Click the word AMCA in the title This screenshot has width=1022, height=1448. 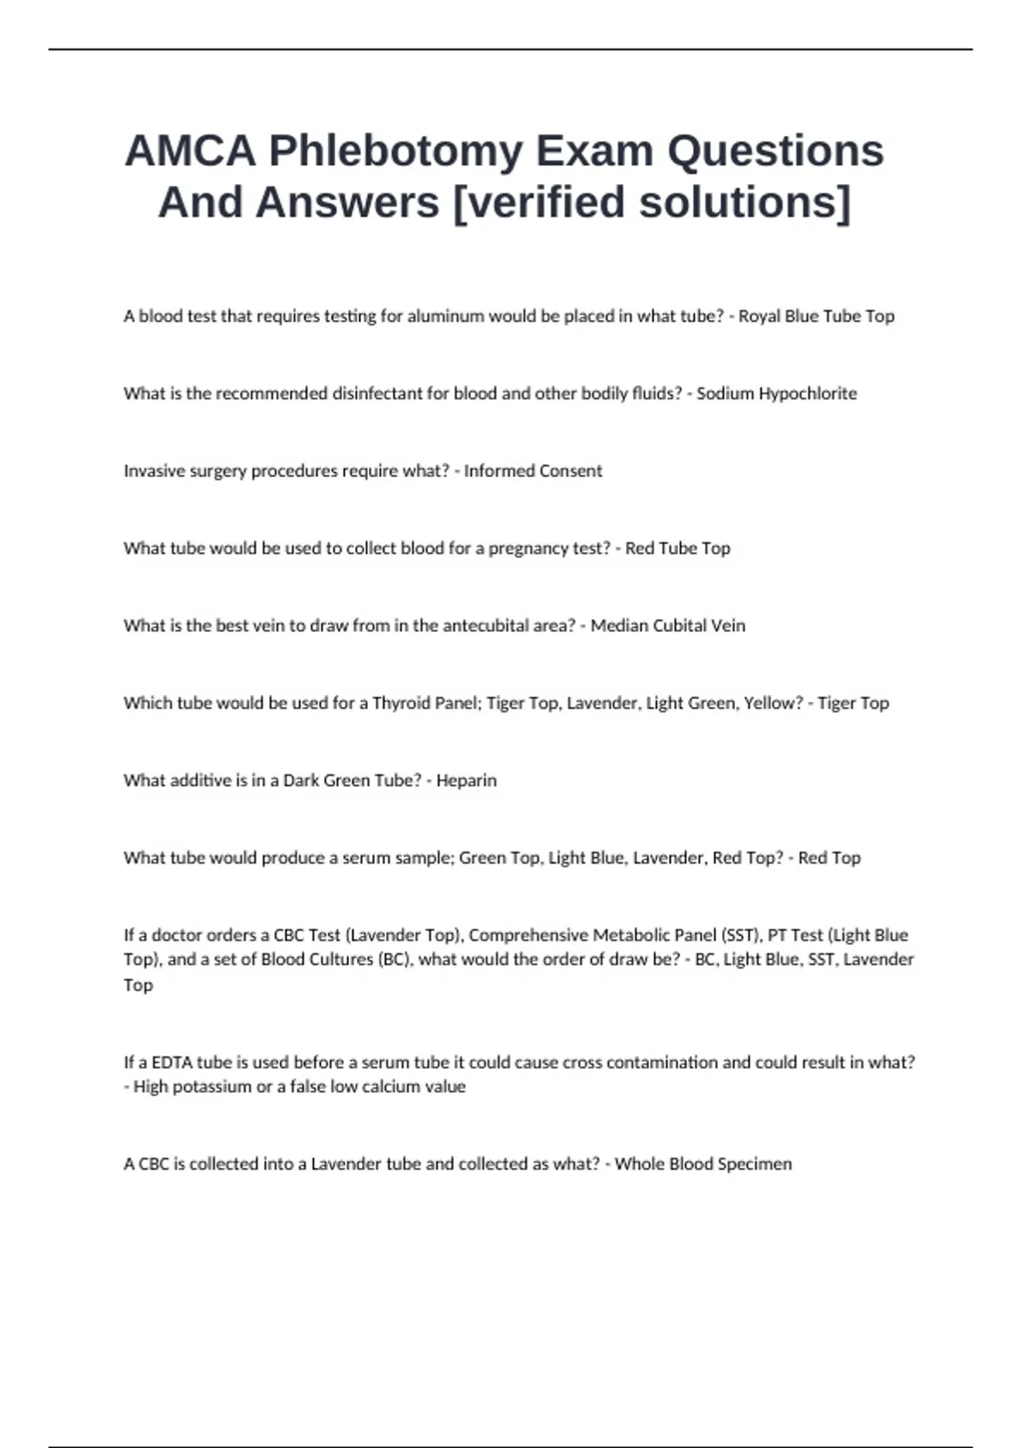pos(190,152)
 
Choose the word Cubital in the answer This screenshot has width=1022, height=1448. pos(672,626)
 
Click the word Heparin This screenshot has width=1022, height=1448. pos(466,781)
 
